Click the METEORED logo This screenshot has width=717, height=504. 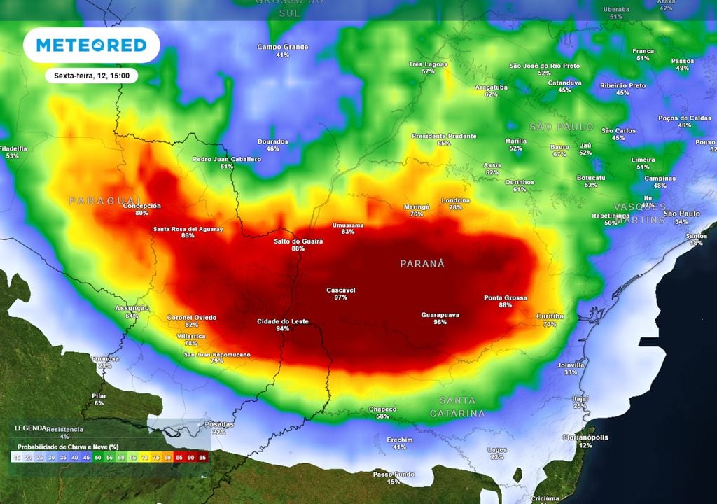coord(91,45)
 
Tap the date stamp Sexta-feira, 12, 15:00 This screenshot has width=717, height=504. coord(91,76)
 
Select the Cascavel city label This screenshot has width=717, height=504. coord(341,290)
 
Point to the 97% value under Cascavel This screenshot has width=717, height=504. coord(341,297)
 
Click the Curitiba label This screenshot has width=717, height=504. coord(550,316)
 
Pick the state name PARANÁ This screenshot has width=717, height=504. coord(422,264)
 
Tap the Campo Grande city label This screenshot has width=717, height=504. coord(283,47)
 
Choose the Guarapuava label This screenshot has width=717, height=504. coord(440,315)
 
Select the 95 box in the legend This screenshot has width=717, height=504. coord(202,457)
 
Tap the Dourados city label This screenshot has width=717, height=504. coord(273,141)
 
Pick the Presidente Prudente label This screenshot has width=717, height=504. coord(444,136)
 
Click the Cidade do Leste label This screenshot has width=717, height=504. coord(283,321)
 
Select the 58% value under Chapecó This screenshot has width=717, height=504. coord(382,416)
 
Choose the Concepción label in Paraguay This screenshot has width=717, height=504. coord(142,206)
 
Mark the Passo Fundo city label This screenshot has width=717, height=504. coord(394,474)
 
